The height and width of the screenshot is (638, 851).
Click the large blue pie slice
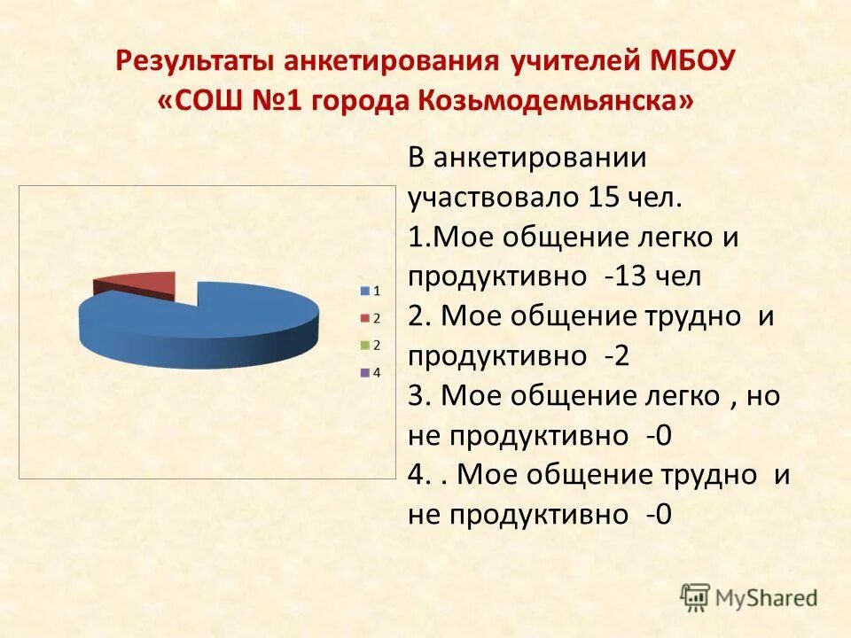pos(204,328)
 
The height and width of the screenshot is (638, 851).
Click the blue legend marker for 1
pos(364,291)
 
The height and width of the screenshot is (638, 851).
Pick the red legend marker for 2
pos(364,317)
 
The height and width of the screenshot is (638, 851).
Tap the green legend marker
pos(364,345)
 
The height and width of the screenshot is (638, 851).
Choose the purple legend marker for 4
pos(364,372)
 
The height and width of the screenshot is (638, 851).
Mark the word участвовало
pos(490,197)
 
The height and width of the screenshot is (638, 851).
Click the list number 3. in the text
pos(418,396)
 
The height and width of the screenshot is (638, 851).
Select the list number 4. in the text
pos(418,476)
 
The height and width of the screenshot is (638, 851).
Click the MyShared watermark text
pos(767,598)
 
